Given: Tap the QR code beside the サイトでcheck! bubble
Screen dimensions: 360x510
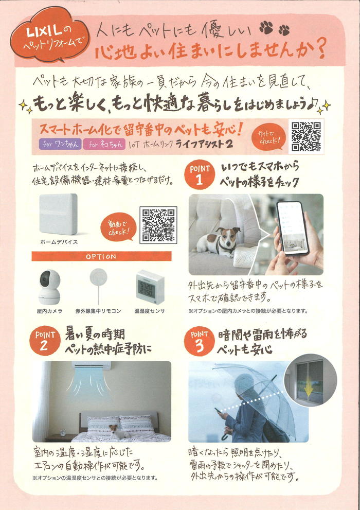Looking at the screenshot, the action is pos(306,136).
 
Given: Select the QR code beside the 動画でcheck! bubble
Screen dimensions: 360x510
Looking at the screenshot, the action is pos(158,225).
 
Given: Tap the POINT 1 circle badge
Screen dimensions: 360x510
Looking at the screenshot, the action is pos(200,174).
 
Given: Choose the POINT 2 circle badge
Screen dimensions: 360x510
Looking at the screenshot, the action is pos(45,341).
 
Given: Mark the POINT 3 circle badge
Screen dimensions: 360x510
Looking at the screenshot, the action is pos(199,341).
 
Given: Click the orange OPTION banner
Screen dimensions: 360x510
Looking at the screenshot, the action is pos(101,256).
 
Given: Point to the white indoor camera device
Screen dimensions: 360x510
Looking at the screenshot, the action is pos(49,287).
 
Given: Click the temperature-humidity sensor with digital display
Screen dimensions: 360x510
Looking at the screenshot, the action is pos(150,287).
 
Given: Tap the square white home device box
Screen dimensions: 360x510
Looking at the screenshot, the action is pos(59,214).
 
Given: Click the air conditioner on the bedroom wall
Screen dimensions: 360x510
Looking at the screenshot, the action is pos(92,365).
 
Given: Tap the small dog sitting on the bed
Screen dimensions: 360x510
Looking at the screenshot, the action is pos(114,431).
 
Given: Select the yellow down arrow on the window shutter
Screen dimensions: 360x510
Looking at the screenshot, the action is pos(309,390).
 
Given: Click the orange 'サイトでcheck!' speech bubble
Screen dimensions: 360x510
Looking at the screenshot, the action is pos(269,138).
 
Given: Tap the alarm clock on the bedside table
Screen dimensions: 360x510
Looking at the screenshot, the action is pos(63,432).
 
